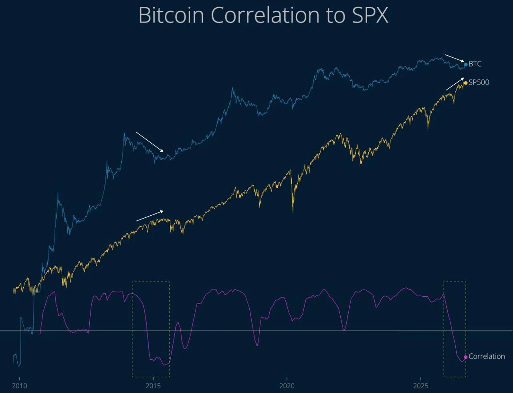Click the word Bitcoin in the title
[x=171, y=15]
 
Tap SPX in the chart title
[x=370, y=15]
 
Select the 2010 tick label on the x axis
[x=19, y=386]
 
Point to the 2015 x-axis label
[x=153, y=386]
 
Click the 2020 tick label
[x=287, y=386]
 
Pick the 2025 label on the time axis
[x=420, y=386]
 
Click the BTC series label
[x=475, y=64]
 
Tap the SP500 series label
[x=479, y=83]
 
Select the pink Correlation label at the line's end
[x=487, y=356]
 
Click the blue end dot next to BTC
[x=466, y=65]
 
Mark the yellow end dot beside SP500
[x=466, y=83]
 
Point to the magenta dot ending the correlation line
[x=466, y=357]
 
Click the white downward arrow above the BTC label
[x=454, y=58]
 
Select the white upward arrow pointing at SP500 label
[x=455, y=84]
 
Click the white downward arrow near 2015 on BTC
[x=149, y=142]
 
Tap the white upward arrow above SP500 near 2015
[x=149, y=216]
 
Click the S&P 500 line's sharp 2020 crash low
[x=293, y=213]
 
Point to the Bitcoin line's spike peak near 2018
[x=232, y=88]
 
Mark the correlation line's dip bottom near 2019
[x=257, y=346]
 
